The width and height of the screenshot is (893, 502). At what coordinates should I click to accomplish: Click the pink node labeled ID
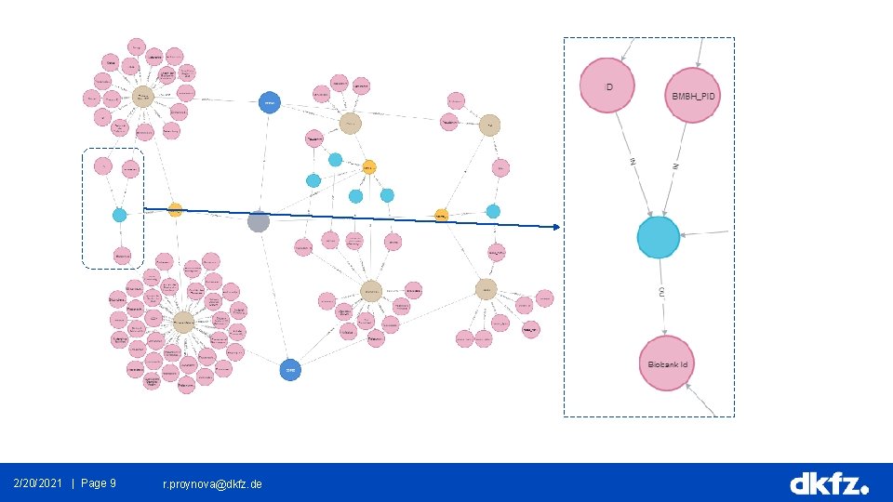tap(607, 85)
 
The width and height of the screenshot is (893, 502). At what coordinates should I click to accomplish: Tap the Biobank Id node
tap(668, 363)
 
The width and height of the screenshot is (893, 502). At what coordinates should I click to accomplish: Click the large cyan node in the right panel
tap(659, 237)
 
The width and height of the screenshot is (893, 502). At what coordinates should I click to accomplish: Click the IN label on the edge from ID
tap(633, 163)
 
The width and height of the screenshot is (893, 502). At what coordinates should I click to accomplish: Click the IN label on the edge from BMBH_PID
tap(675, 165)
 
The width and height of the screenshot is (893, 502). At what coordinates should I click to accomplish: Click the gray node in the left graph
tap(259, 221)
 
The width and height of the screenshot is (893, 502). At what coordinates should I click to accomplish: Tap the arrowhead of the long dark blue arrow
tap(556, 227)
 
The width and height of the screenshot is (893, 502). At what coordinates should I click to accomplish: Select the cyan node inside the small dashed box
tap(119, 215)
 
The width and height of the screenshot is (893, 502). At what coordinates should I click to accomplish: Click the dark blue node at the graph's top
tap(269, 102)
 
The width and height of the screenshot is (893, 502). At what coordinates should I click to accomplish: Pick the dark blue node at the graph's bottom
tap(289, 369)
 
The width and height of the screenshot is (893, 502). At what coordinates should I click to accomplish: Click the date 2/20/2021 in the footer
tap(38, 483)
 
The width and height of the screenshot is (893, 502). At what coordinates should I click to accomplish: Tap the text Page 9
tap(99, 483)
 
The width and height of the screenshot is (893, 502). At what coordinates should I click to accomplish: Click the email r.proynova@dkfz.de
tap(212, 484)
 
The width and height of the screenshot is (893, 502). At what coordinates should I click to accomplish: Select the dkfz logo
tap(829, 483)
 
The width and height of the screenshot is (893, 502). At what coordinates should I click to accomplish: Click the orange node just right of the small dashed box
tap(175, 209)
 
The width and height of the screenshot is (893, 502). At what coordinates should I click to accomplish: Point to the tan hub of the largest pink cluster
tap(183, 321)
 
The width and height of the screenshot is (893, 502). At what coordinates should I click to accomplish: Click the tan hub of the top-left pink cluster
tap(142, 96)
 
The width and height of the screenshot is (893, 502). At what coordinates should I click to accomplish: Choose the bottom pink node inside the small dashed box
tap(122, 254)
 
